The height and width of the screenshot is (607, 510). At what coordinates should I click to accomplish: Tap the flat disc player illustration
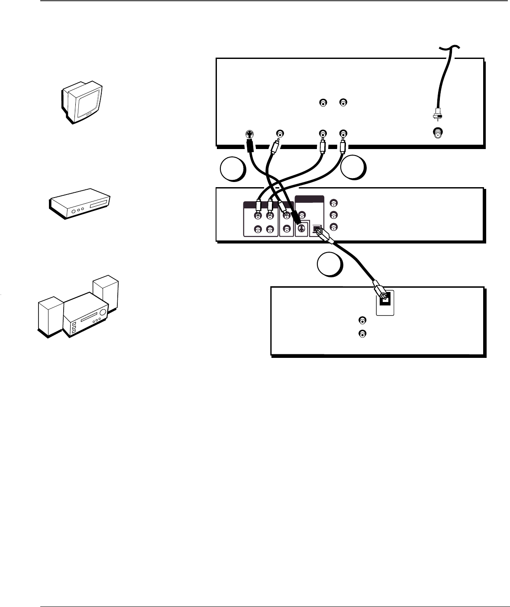pos(81,203)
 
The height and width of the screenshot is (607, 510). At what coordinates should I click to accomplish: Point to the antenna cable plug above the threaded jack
pos(438,116)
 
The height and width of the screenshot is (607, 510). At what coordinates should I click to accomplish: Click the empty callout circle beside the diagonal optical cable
pos(329,265)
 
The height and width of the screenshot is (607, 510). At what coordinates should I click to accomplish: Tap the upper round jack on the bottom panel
pos(362,321)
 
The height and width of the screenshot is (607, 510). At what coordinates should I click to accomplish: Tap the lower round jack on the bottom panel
pos(362,334)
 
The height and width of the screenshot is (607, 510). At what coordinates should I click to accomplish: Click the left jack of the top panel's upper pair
pos(323,103)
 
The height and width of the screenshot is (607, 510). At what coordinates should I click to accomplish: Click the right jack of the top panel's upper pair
pos(343,103)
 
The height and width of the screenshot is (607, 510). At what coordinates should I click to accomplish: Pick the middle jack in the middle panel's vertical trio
pos(333,215)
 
